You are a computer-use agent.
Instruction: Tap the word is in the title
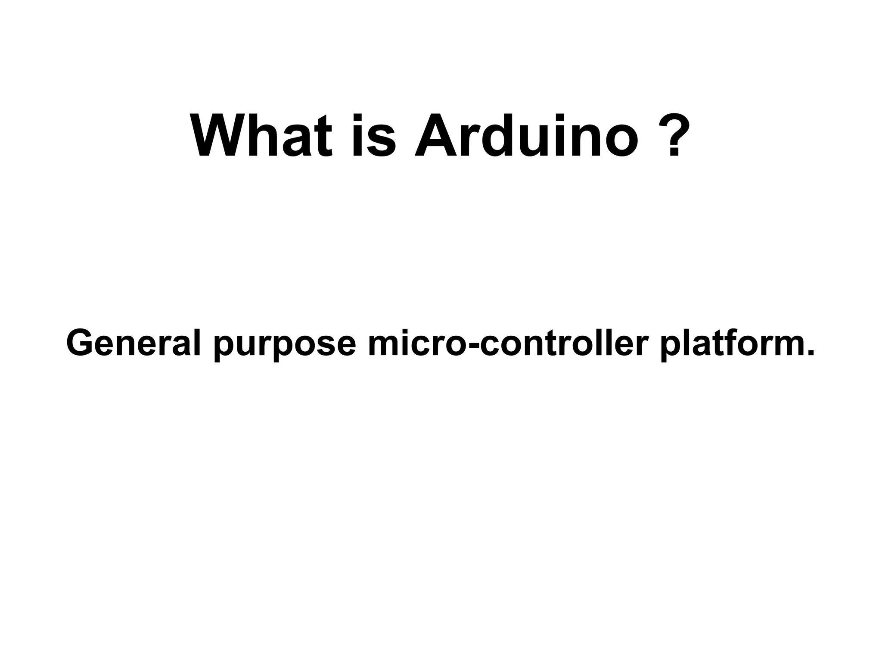pos(373,136)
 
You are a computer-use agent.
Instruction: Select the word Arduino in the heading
pos(526,136)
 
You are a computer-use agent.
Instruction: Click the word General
pos(134,343)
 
